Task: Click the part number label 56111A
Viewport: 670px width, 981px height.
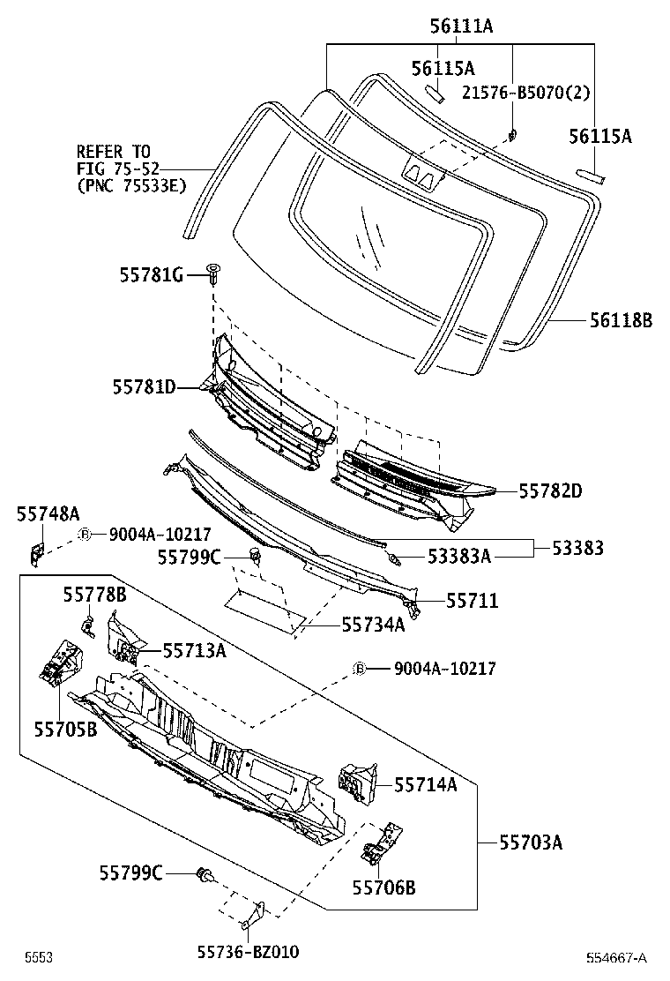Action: [x=461, y=27]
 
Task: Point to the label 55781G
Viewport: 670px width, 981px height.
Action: [x=151, y=276]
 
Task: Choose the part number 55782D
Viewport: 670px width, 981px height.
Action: [x=550, y=490]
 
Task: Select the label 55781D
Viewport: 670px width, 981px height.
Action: [x=144, y=386]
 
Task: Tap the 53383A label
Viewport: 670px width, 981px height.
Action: [x=458, y=556]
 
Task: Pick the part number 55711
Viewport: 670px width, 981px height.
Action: [x=472, y=601]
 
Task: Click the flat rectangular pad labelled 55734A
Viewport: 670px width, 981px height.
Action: [x=260, y=610]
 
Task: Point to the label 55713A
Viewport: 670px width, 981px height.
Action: [x=194, y=651]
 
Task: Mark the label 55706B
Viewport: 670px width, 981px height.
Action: [x=383, y=887]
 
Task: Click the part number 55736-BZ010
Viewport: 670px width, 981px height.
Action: [x=248, y=953]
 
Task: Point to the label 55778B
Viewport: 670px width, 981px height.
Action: [x=94, y=595]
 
